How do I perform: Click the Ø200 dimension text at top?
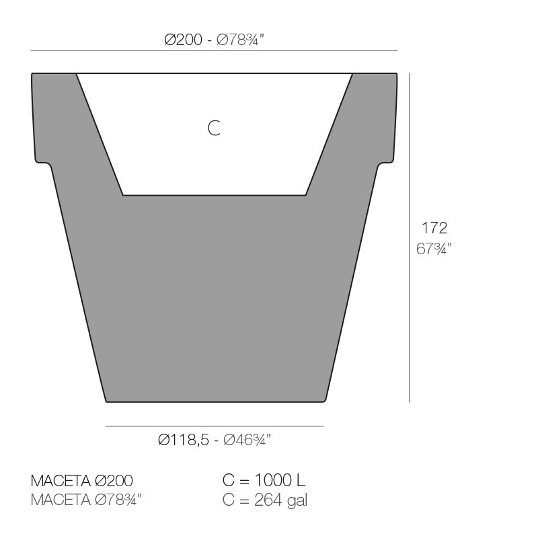tap(183, 40)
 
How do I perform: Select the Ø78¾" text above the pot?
tap(241, 40)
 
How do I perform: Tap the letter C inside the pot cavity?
tap(214, 128)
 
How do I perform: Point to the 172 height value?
tap(434, 228)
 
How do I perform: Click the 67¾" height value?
tap(434, 248)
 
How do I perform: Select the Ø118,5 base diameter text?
tap(184, 440)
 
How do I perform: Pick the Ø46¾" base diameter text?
tap(247, 440)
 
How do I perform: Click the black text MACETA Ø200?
tap(81, 480)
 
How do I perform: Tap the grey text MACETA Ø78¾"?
tap(86, 500)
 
